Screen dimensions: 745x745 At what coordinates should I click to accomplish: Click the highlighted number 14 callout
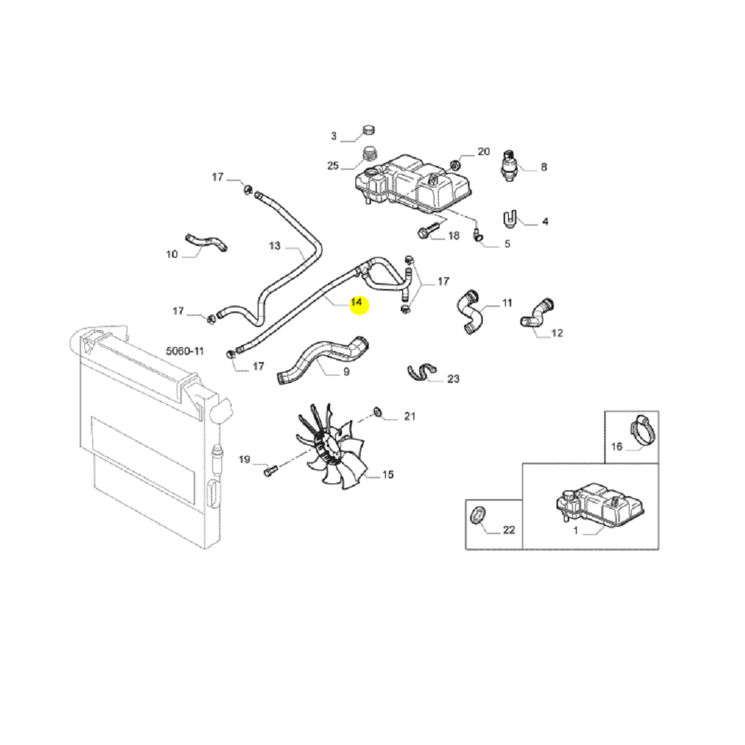tap(356, 302)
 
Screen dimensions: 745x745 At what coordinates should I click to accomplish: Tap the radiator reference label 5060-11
tap(185, 351)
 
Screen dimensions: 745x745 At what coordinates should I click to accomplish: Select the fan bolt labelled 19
tap(270, 471)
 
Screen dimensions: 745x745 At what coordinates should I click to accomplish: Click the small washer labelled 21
tap(378, 411)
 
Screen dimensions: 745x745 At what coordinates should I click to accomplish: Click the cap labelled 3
tap(368, 130)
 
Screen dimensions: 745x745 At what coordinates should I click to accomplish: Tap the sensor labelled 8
tap(509, 166)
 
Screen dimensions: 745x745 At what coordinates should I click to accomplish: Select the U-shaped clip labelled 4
tap(510, 219)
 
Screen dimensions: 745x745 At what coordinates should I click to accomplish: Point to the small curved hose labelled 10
tap(206, 241)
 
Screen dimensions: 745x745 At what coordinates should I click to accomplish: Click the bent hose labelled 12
tap(537, 314)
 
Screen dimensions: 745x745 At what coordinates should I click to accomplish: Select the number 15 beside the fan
tap(387, 474)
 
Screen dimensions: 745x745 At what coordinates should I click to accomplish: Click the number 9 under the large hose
tap(346, 372)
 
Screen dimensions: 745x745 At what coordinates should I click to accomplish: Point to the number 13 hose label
tap(275, 246)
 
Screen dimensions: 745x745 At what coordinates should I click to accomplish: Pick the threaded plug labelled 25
tap(370, 154)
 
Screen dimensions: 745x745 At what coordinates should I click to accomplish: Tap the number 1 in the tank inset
tap(576, 530)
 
